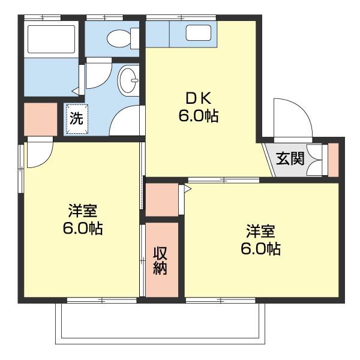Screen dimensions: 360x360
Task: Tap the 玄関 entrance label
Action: click(290, 159)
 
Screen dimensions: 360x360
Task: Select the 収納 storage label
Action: click(160, 260)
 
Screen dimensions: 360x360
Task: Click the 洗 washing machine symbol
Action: click(76, 118)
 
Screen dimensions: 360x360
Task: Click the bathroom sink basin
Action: click(128, 80)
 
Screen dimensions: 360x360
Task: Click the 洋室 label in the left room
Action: click(82, 211)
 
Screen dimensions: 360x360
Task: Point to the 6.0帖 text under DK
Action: click(198, 116)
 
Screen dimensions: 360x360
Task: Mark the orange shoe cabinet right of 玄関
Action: click(334, 159)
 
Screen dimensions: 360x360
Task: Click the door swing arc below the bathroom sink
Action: click(126, 120)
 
